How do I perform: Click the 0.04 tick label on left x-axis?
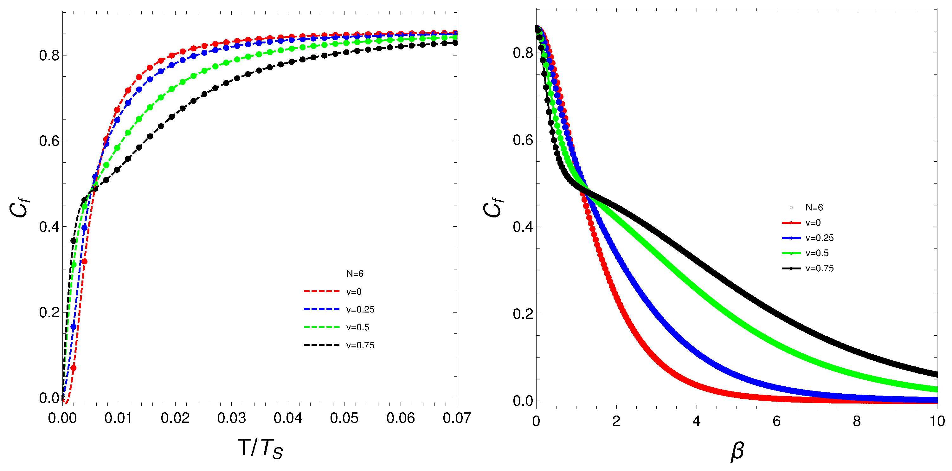[288, 418]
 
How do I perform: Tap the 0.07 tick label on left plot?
[457, 418]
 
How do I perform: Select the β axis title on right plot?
[737, 451]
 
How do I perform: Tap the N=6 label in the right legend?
[814, 207]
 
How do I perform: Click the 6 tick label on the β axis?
[776, 422]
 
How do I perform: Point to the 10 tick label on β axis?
[937, 422]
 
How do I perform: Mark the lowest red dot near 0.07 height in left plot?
[73, 368]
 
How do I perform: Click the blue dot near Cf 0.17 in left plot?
[73, 327]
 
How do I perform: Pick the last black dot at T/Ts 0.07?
[455, 43]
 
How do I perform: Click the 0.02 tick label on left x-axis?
[175, 418]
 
